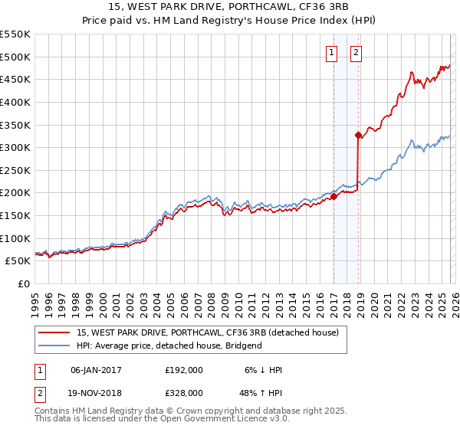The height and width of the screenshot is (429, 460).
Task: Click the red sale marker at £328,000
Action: pos(358,135)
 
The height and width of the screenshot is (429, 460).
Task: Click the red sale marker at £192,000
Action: pos(333,196)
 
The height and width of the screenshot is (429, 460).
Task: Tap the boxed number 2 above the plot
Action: pos(357,53)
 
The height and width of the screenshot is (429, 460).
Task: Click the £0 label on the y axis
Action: pos(23,284)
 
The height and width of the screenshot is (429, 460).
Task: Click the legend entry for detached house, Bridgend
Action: pos(169,345)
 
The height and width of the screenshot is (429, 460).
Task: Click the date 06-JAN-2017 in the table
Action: pos(96,370)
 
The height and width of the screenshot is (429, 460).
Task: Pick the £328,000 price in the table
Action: pos(184,392)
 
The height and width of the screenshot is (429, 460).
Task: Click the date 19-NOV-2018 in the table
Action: pos(96,392)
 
